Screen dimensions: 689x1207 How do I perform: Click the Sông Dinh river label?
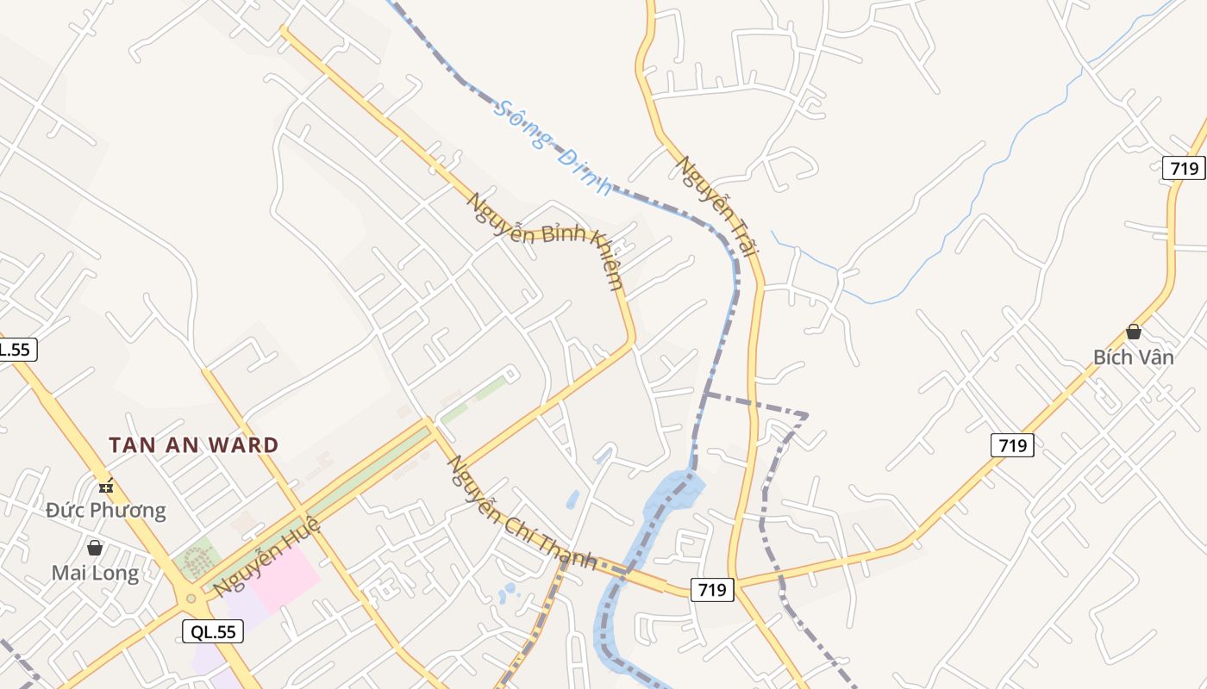[x=552, y=148]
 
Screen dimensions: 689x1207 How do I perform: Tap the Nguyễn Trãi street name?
[x=717, y=207]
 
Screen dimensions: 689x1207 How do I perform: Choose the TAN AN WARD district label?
[x=194, y=445]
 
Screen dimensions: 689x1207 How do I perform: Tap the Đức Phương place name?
[x=106, y=510]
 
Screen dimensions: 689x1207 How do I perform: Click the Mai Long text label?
[x=95, y=573]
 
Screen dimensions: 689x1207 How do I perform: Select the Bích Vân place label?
[x=1133, y=357]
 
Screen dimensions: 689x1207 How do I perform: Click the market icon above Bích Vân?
[x=1133, y=332]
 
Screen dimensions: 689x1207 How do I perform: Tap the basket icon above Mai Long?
[x=95, y=548]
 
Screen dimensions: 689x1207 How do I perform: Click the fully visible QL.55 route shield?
[x=213, y=631]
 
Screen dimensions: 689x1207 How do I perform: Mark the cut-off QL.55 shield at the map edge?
[x=16, y=349]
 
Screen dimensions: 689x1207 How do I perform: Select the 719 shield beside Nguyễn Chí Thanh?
[x=711, y=589]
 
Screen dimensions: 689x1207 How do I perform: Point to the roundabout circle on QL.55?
[x=191, y=597]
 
